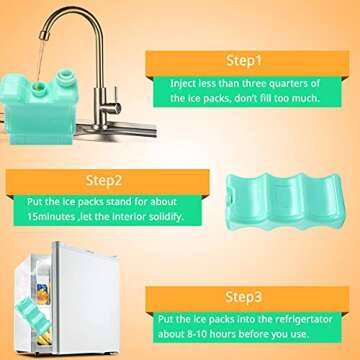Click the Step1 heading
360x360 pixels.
pyautogui.click(x=244, y=60)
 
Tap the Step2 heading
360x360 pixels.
pyautogui.click(x=105, y=181)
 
